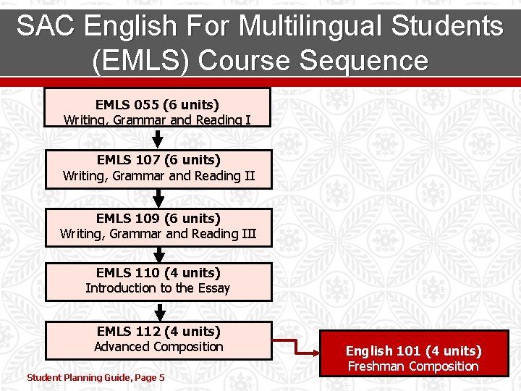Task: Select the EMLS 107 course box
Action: point(158,169)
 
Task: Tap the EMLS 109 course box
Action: point(158,227)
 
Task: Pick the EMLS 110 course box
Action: point(158,282)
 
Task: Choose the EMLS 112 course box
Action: point(158,340)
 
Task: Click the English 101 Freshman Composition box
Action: point(413,359)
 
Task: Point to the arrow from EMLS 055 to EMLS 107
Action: point(158,138)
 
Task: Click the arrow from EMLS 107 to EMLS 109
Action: point(158,198)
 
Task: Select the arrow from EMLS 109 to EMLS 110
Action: point(158,254)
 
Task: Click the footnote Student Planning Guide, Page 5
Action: point(96,377)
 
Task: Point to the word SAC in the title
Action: point(45,26)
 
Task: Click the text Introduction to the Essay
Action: point(158,288)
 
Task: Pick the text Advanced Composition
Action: point(158,347)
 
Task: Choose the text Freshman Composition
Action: point(413,366)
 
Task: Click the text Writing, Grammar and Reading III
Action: point(158,234)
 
